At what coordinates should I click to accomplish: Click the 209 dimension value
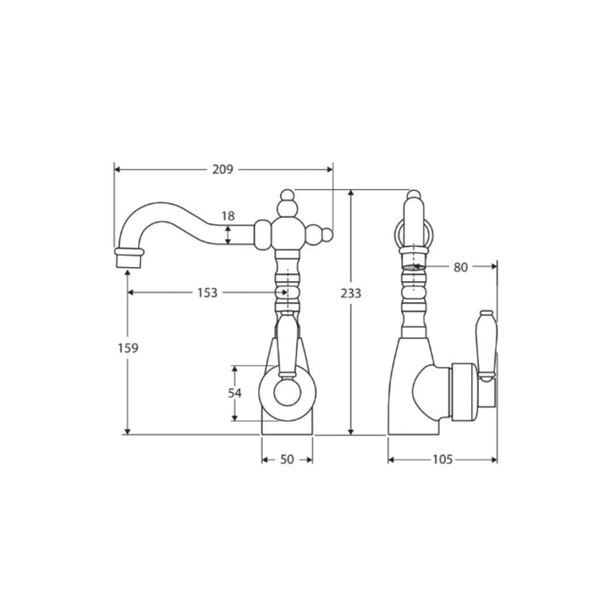(222, 169)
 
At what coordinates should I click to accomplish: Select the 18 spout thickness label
(228, 215)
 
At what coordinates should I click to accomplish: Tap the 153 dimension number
(208, 292)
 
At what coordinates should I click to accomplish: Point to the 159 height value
(128, 348)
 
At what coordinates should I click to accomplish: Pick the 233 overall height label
(350, 292)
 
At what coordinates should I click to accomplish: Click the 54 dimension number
(235, 393)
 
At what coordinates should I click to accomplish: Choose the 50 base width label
(287, 460)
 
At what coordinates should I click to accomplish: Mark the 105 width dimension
(442, 460)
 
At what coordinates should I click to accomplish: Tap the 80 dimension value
(461, 267)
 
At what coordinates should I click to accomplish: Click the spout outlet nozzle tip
(128, 261)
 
